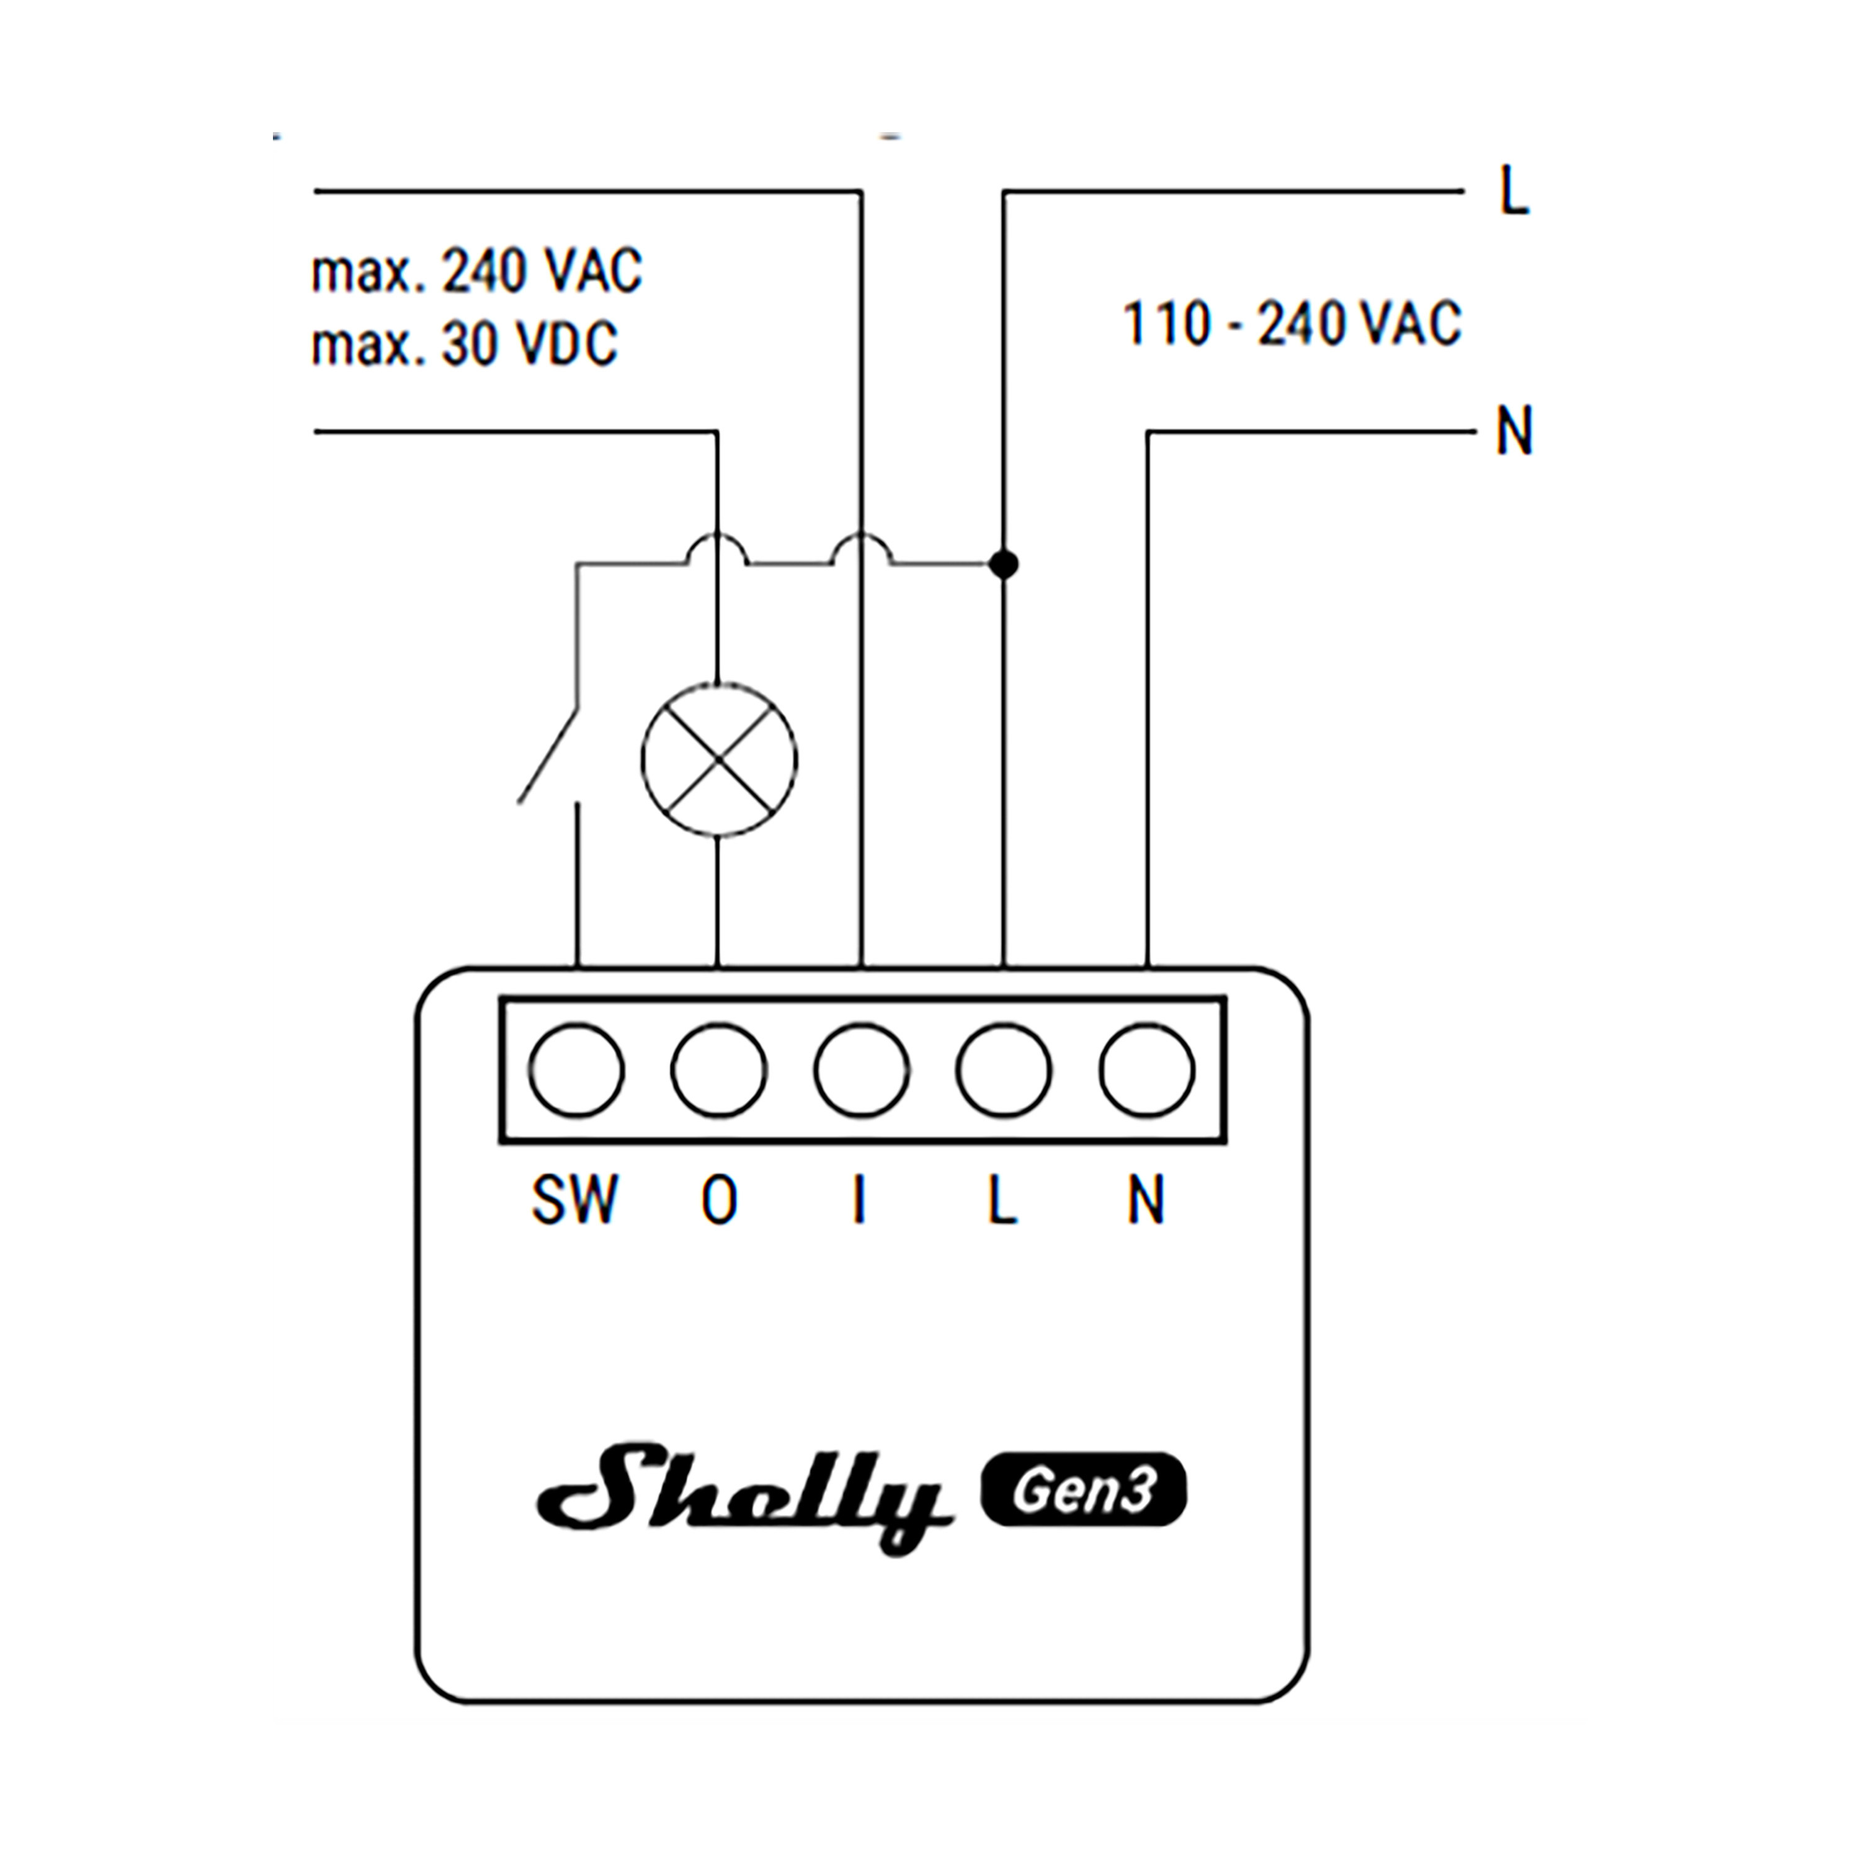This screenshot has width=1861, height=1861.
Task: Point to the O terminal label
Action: pyautogui.click(x=720, y=1200)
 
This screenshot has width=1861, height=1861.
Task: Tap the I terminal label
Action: pyautogui.click(x=859, y=1200)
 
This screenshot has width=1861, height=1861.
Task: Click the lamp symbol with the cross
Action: pyautogui.click(x=718, y=760)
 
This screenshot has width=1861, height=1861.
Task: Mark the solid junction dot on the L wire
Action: pyautogui.click(x=1004, y=565)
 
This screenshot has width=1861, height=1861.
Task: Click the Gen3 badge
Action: pyautogui.click(x=1082, y=1490)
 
